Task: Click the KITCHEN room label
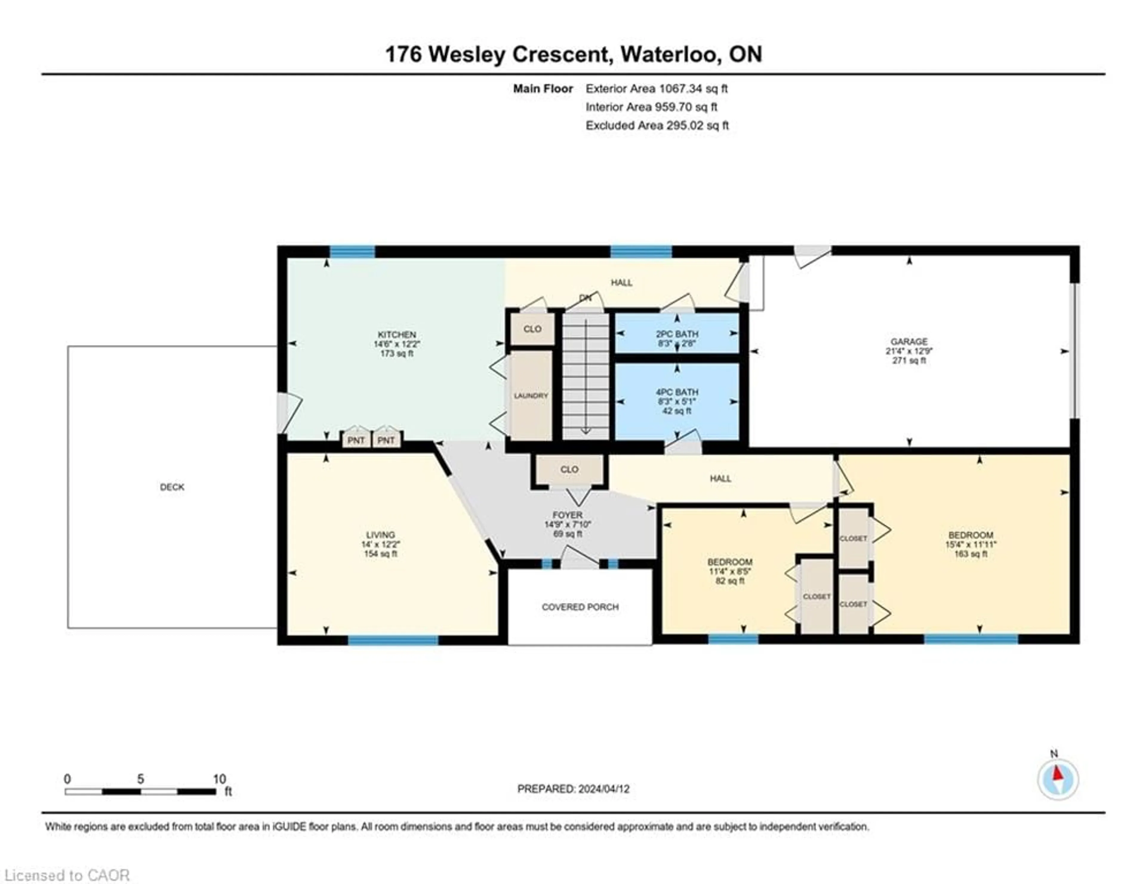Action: click(x=397, y=335)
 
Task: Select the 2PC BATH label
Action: click(x=677, y=334)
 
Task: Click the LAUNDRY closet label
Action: click(x=531, y=396)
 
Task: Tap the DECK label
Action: click(x=172, y=487)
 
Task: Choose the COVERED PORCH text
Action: click(x=580, y=607)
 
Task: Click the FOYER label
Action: click(x=567, y=515)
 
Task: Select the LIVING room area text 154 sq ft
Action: click(x=381, y=554)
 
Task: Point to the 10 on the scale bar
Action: click(x=219, y=779)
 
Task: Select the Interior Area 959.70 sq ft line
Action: click(x=651, y=107)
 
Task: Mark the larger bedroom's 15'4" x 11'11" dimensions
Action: click(x=971, y=544)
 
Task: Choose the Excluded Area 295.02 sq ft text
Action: click(x=657, y=125)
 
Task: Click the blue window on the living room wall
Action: click(x=393, y=640)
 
